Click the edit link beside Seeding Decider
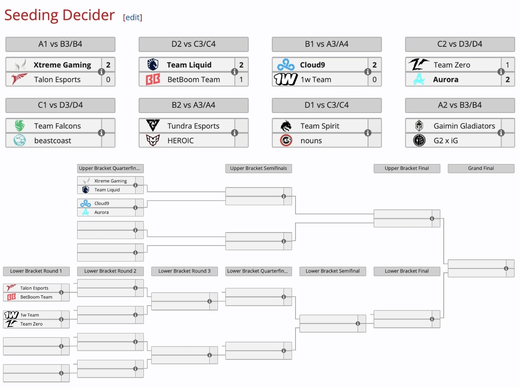pyautogui.click(x=133, y=17)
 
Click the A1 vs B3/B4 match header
pyautogui.click(x=60, y=44)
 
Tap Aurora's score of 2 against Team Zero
pyautogui.click(x=507, y=80)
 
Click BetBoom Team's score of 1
pyautogui.click(x=241, y=80)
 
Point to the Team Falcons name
pyautogui.click(x=57, y=126)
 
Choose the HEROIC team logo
pyautogui.click(x=153, y=141)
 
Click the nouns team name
pyautogui.click(x=311, y=141)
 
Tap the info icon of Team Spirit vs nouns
pyautogui.click(x=367, y=133)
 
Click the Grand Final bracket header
pyautogui.click(x=481, y=168)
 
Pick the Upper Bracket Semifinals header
pyautogui.click(x=258, y=168)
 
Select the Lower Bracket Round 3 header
pyautogui.click(x=184, y=271)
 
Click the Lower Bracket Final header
pyautogui.click(x=406, y=271)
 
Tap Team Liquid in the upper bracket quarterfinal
pyautogui.click(x=107, y=190)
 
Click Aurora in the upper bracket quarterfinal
pyautogui.click(x=101, y=212)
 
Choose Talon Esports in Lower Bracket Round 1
pyautogui.click(x=34, y=288)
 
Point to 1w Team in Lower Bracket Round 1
pyautogui.click(x=29, y=315)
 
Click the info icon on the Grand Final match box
pyautogui.click(x=506, y=268)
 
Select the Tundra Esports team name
pyautogui.click(x=193, y=126)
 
